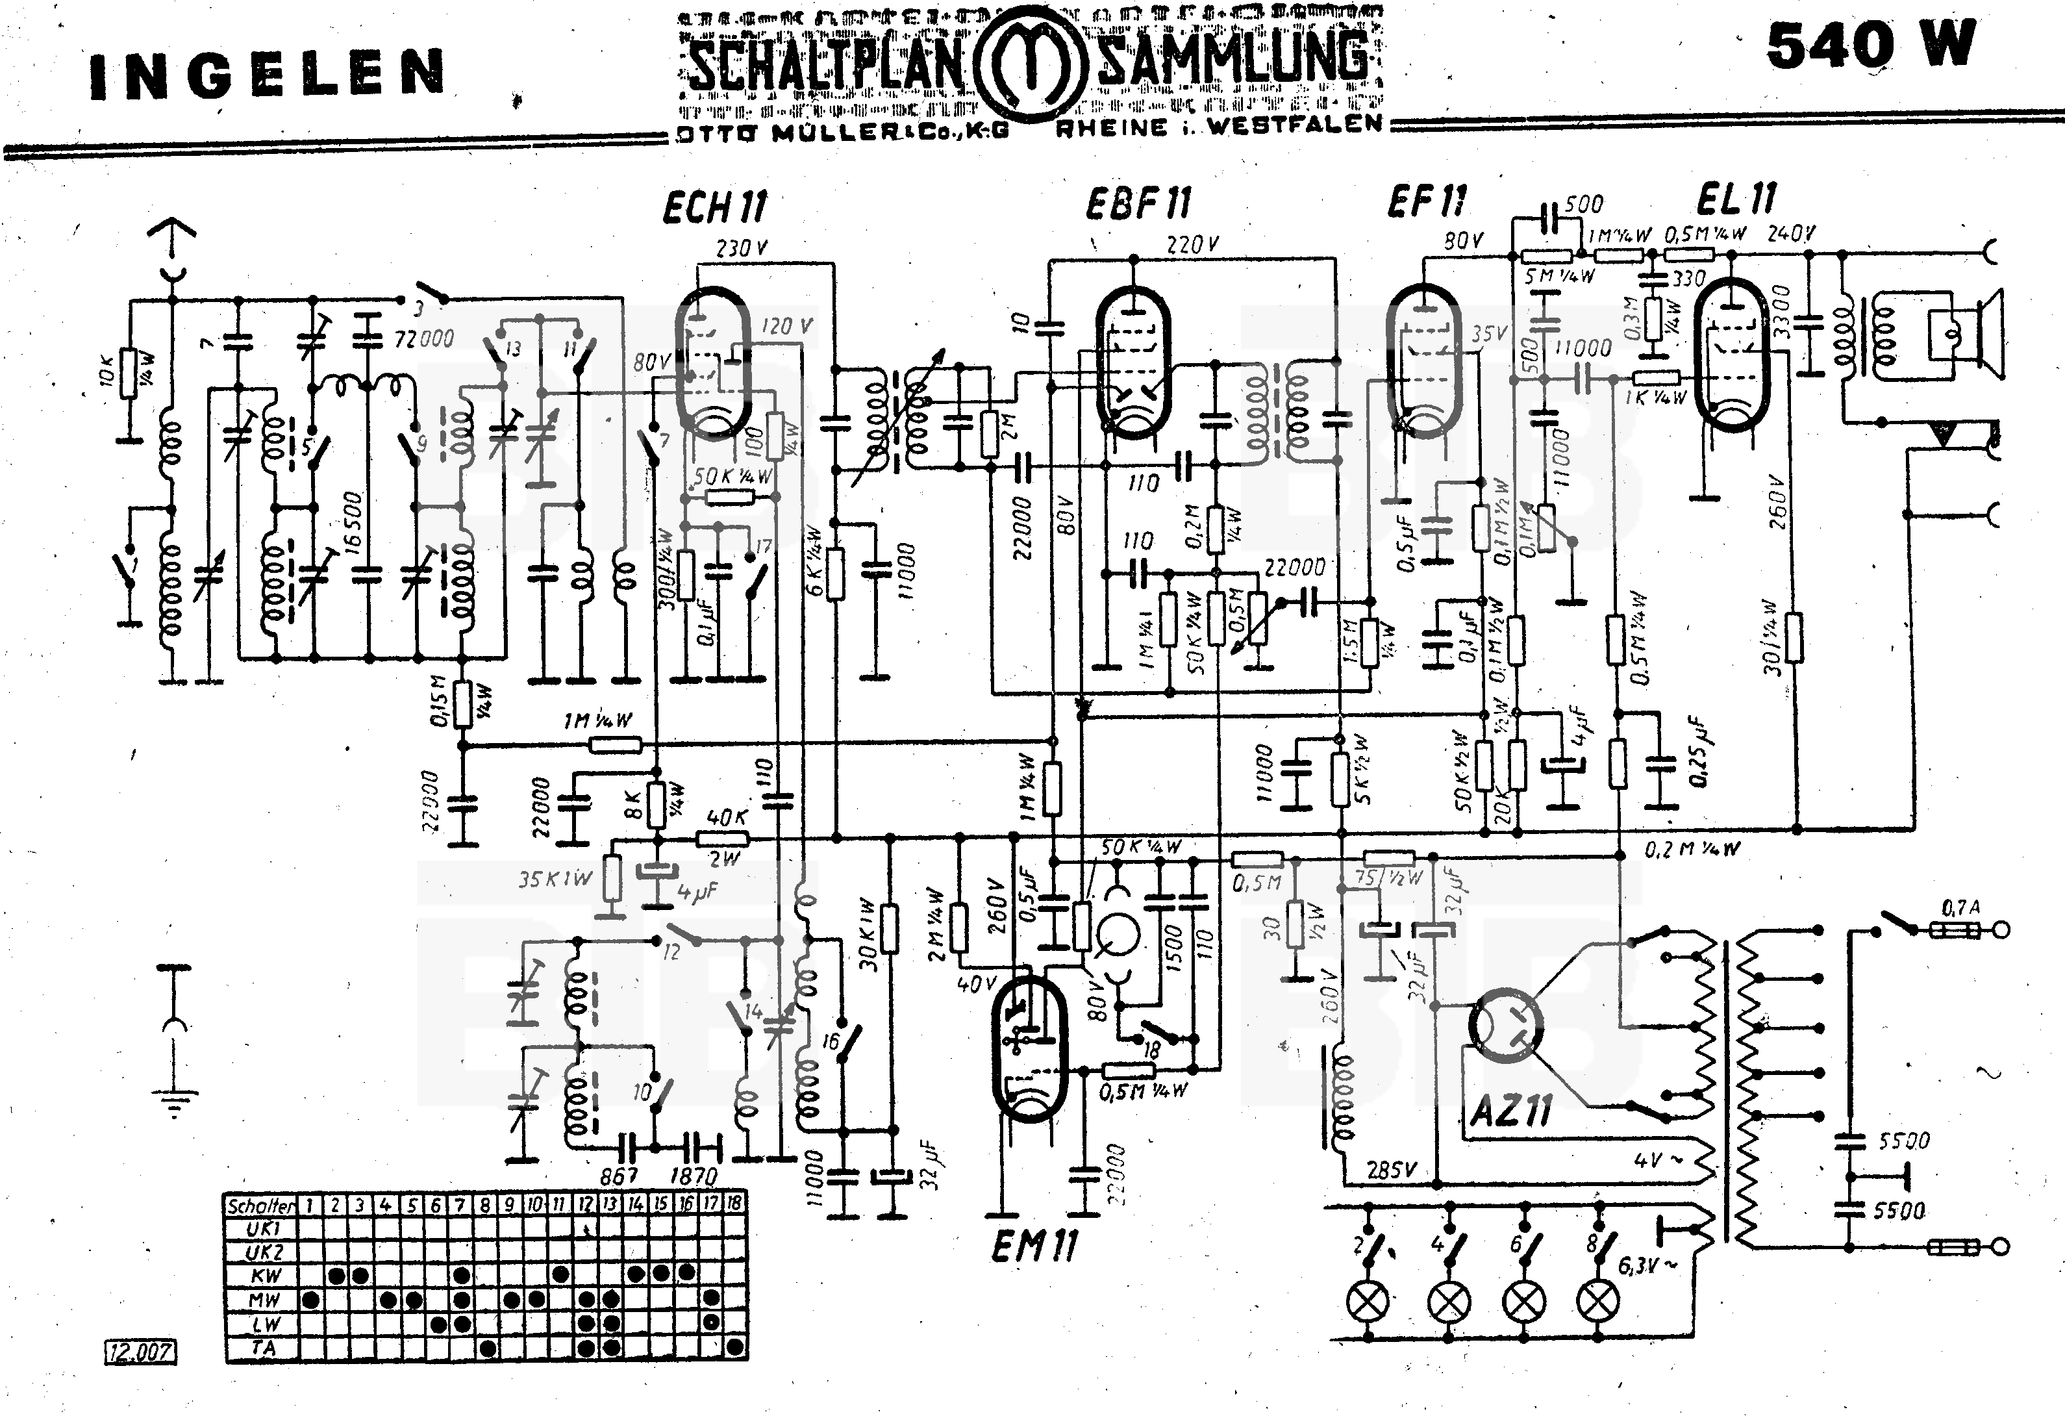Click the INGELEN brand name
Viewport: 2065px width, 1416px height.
click(x=266, y=75)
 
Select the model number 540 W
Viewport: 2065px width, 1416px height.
click(x=1870, y=46)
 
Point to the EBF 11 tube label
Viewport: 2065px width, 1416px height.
click(x=1137, y=205)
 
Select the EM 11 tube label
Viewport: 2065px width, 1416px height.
click(x=1033, y=1247)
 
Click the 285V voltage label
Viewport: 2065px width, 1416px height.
click(x=1392, y=1170)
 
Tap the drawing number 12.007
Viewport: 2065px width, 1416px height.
click(x=140, y=1352)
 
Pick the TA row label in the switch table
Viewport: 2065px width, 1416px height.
click(x=263, y=1348)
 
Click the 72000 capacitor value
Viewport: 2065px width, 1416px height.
click(x=424, y=338)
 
